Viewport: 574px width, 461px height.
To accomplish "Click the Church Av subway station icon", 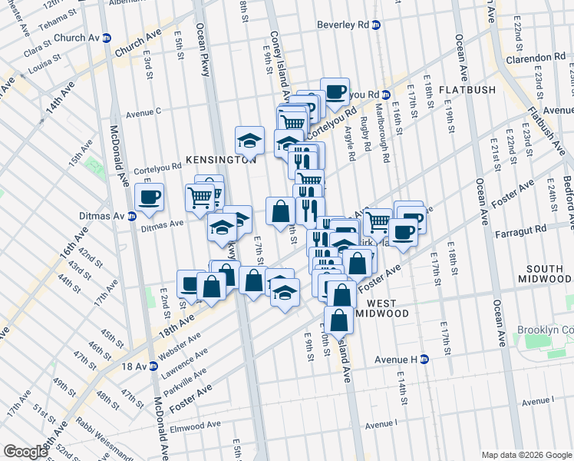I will (x=107, y=38).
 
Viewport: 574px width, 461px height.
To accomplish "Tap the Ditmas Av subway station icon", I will (x=132, y=216).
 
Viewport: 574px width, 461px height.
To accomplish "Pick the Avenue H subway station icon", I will (x=421, y=359).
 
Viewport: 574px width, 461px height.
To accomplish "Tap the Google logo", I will (x=25, y=451).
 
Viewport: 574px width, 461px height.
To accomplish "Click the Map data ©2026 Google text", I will (x=526, y=455).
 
